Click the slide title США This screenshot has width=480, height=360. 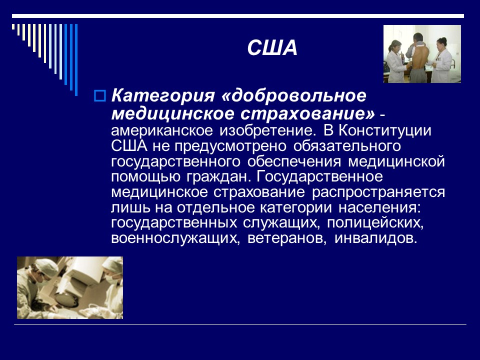click(x=272, y=48)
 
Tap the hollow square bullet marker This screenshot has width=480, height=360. click(x=98, y=95)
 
